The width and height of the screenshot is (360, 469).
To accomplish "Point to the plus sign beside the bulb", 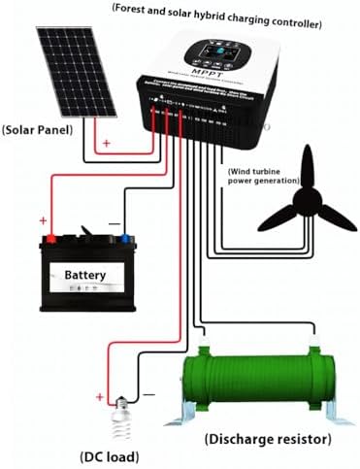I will (100, 395).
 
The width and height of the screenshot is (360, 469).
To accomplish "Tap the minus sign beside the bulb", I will (148, 395).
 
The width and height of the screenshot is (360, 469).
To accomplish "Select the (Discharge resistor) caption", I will (266, 438).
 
